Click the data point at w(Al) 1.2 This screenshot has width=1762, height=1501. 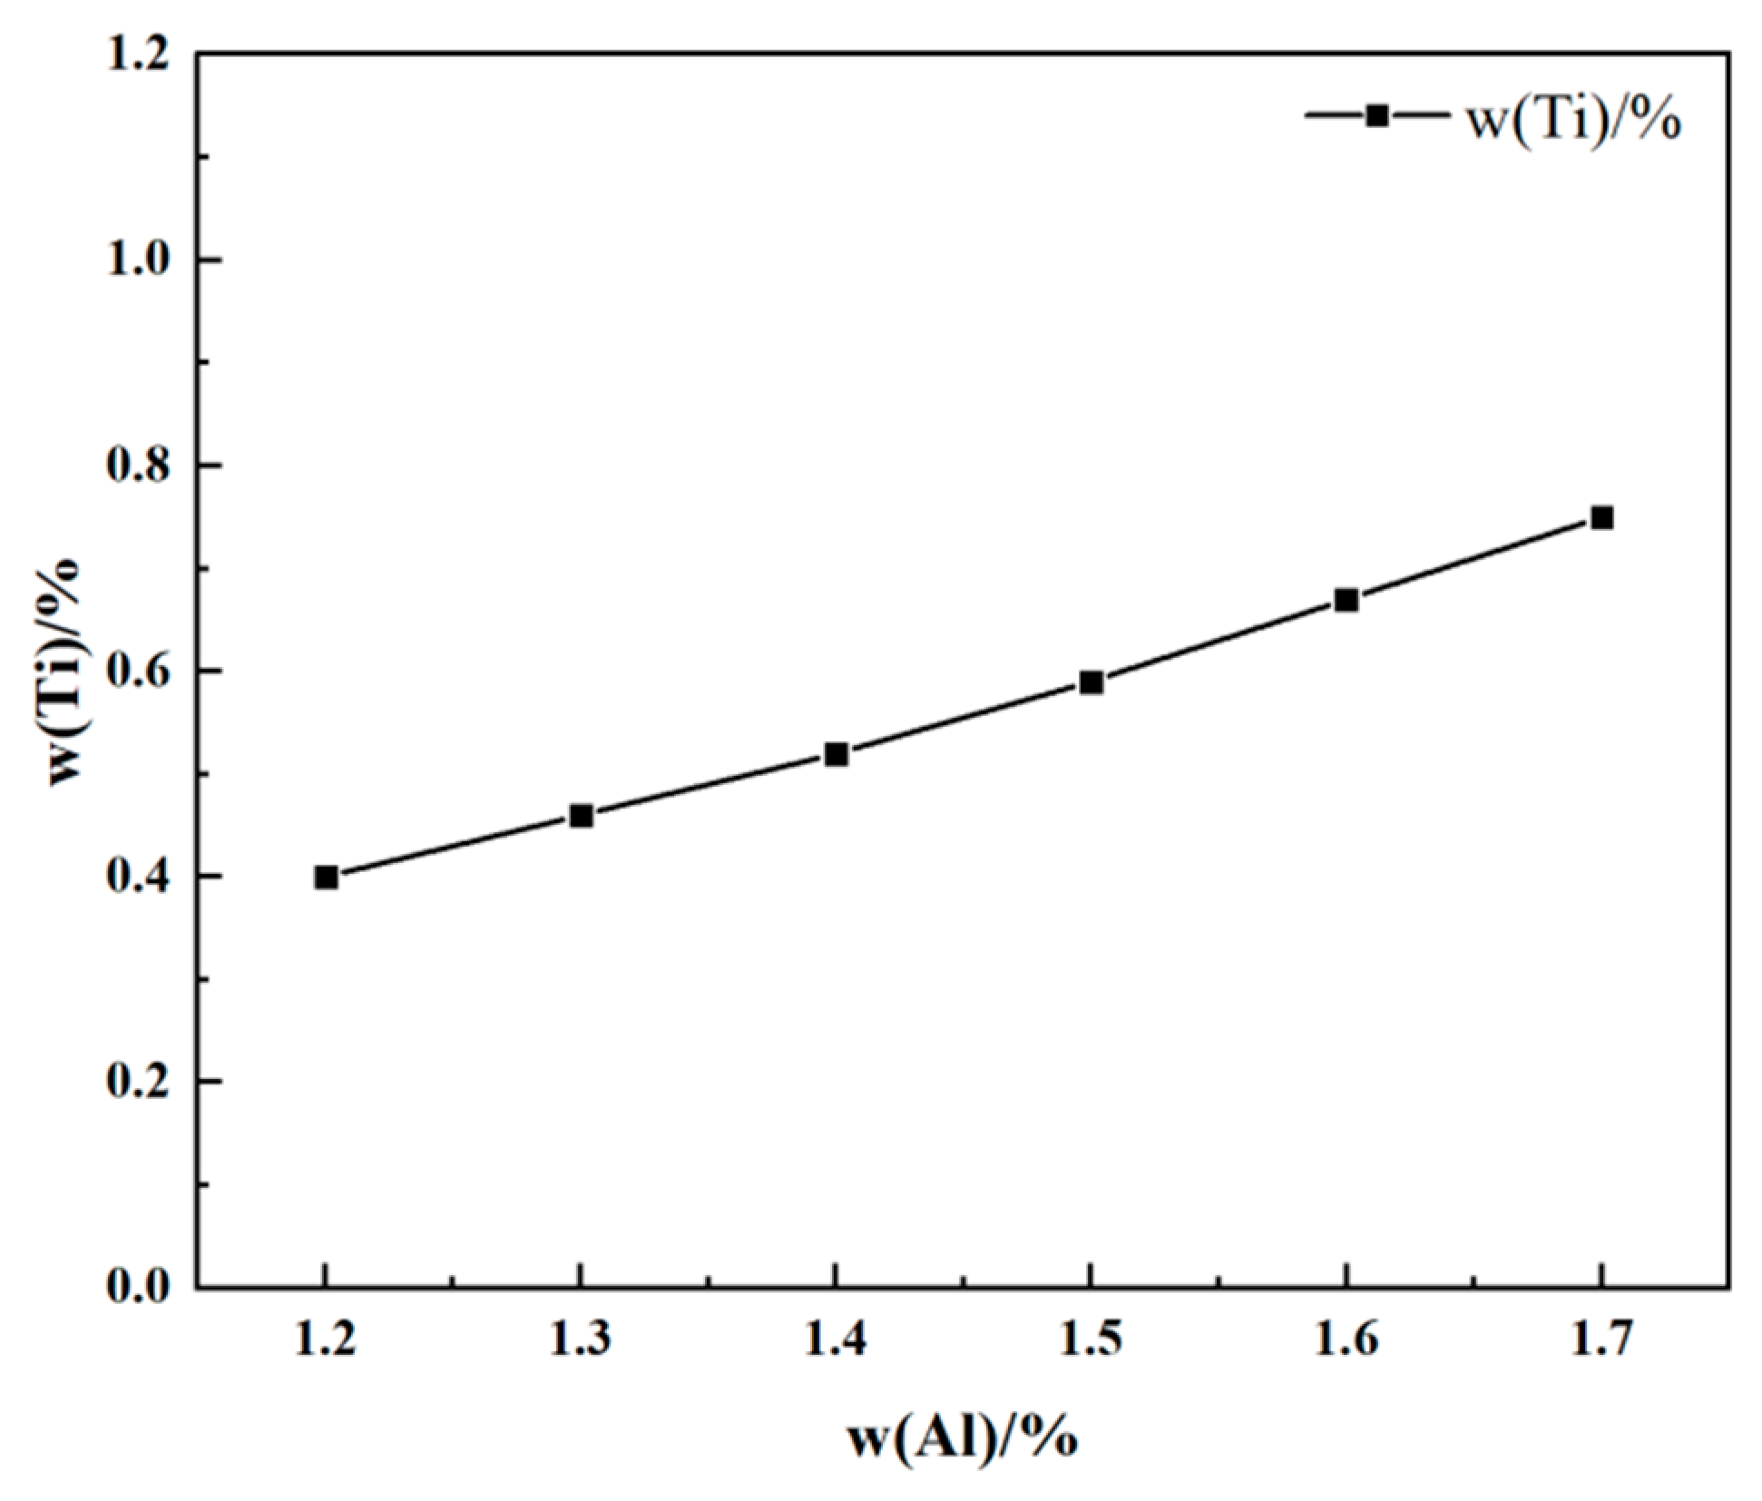tap(327, 878)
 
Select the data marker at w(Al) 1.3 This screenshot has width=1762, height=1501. tap(582, 816)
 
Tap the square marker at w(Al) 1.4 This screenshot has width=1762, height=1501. tap(837, 754)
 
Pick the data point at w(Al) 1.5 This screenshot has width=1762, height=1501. tap(1091, 682)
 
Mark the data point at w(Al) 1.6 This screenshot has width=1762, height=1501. tap(1346, 600)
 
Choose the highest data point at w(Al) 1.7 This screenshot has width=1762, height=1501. tap(1601, 518)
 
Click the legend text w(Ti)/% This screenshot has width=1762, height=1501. tap(1574, 121)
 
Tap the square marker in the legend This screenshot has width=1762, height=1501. tap(1377, 115)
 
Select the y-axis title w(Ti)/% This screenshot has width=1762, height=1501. tap(65, 672)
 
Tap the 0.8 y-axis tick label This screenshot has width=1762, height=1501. tap(138, 466)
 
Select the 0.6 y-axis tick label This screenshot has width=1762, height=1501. tap(138, 672)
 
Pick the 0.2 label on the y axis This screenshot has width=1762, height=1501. tap(138, 1082)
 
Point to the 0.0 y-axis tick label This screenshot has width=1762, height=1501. tap(138, 1287)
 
